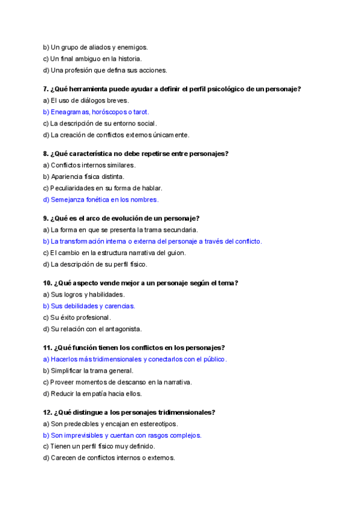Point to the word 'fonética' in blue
click(101, 199)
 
